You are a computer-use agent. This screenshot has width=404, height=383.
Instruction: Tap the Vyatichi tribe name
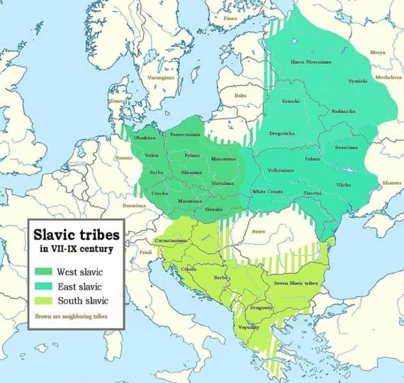pyautogui.click(x=359, y=82)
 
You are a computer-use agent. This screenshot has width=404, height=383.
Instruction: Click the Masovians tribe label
pyautogui.click(x=223, y=159)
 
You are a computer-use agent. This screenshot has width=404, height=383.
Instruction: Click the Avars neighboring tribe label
pyautogui.click(x=257, y=231)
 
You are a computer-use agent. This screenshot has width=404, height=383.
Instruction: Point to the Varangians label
pyautogui.click(x=162, y=78)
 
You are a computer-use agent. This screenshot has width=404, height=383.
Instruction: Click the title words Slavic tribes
pyautogui.click(x=74, y=234)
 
